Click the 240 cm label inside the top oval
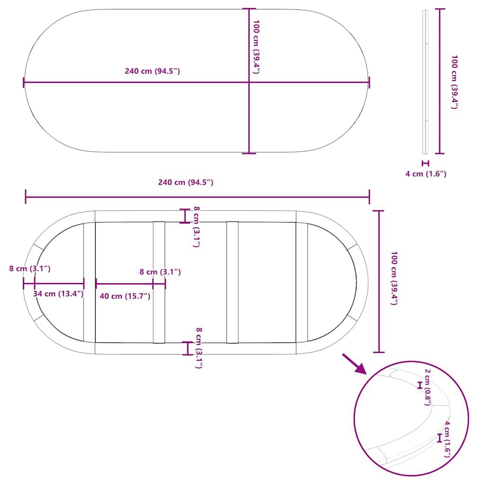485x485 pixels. coord(152,71)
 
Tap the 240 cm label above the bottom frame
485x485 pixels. coord(186,182)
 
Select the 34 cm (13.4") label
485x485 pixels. coord(58,294)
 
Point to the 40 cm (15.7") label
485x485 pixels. coord(125,296)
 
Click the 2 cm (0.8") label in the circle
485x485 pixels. coord(428,387)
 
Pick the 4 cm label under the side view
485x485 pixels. coord(426,174)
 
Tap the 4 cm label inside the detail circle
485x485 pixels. coord(447,439)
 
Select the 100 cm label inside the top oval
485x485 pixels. coord(256,47)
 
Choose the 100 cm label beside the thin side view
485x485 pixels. coord(454,82)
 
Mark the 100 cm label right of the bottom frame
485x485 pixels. coord(394,278)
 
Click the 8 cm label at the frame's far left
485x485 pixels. coord(30,269)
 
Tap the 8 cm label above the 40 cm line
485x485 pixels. coord(160,272)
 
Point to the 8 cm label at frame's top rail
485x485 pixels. coord(197,227)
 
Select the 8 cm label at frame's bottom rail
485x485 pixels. coord(199,348)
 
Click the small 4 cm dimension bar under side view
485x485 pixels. coord(426,163)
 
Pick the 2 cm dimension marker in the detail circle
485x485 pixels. coord(420,385)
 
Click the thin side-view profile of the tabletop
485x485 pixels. coord(426,82)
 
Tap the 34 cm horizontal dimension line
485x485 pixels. coord(59,283)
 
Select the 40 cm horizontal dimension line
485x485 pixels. coord(125,283)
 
